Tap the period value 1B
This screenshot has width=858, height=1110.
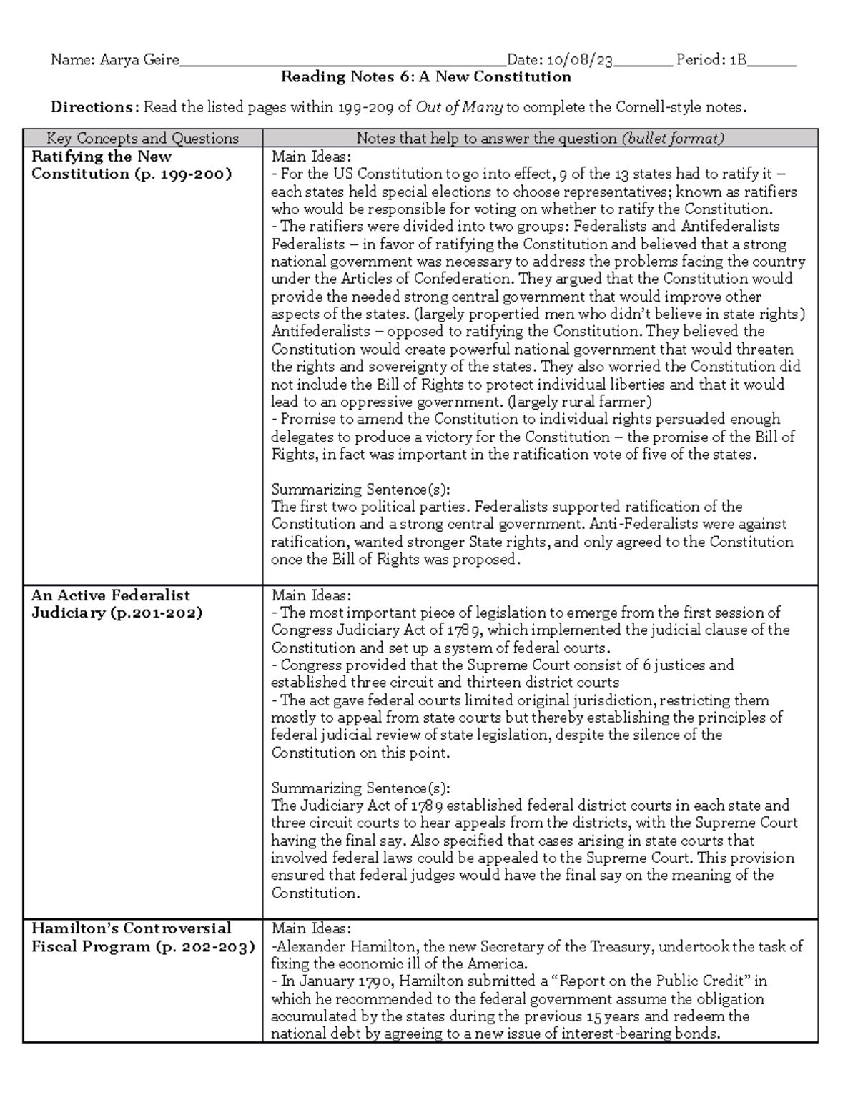738,60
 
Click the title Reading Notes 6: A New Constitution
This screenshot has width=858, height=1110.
425,77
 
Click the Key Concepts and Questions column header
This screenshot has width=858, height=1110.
142,138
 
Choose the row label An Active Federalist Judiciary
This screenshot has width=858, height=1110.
117,604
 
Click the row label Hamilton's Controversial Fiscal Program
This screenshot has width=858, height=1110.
142,938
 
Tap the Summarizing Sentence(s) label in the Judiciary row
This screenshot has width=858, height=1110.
360,788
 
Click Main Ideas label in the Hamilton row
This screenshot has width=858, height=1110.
311,928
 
